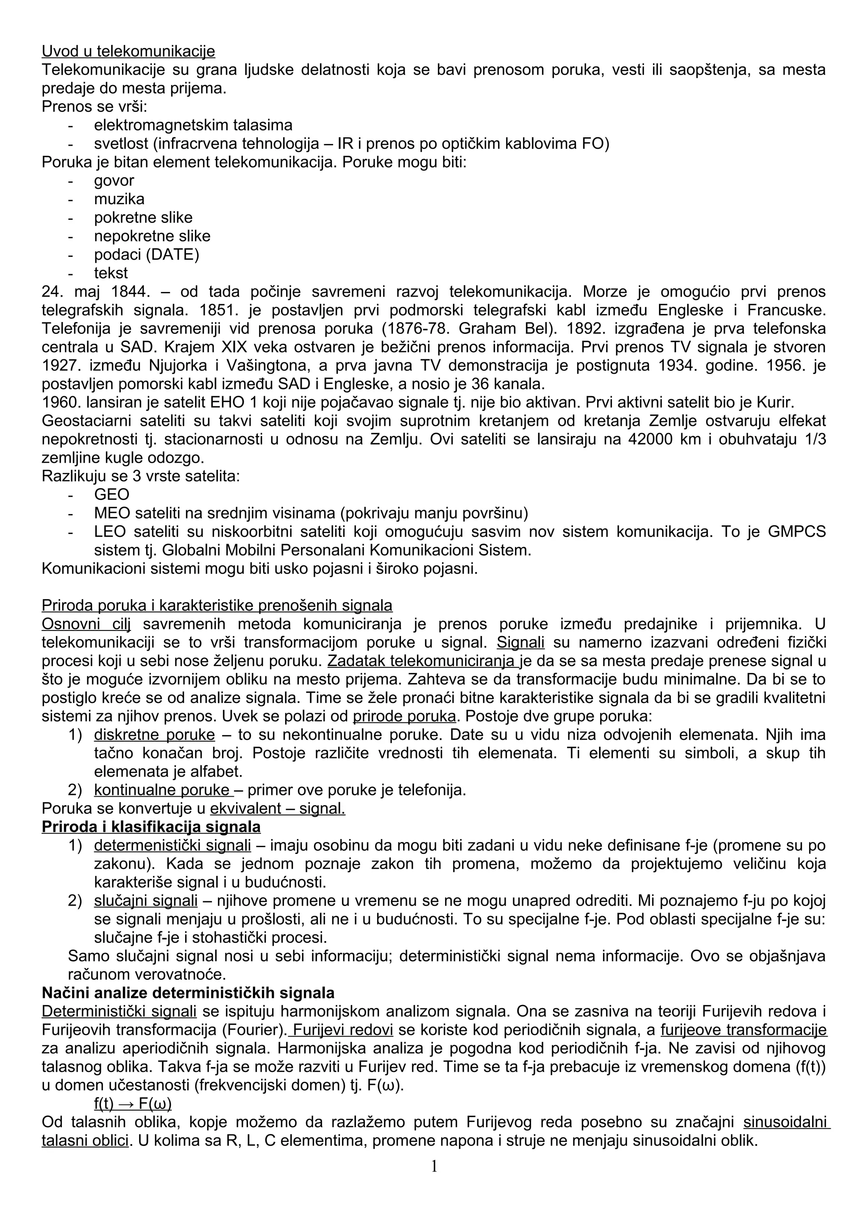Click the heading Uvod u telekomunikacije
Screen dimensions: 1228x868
coord(128,51)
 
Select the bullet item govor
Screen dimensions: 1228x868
coord(114,181)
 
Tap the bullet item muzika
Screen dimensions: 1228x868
coord(119,199)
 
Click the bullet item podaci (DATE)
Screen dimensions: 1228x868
coord(147,255)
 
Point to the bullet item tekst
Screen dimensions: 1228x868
coord(111,273)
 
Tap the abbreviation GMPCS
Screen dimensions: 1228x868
coord(796,532)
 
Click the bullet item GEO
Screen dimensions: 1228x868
coord(112,495)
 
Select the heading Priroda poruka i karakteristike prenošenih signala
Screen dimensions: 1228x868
coord(217,606)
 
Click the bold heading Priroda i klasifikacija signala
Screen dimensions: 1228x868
coord(151,827)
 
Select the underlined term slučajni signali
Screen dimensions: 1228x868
coord(146,901)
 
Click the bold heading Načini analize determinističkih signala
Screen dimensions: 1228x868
coord(188,993)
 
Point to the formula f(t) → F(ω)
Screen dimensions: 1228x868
coord(133,1104)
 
